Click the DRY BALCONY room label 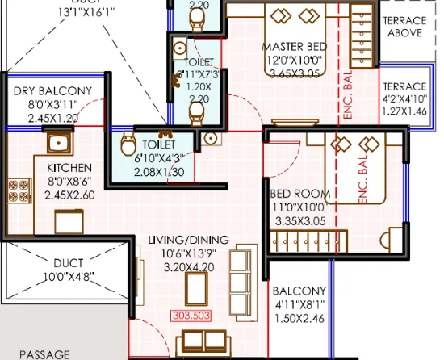(x=52, y=91)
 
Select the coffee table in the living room (x=195, y=287)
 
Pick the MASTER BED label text (x=295, y=47)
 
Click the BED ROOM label (x=300, y=194)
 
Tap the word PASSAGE (x=44, y=354)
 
